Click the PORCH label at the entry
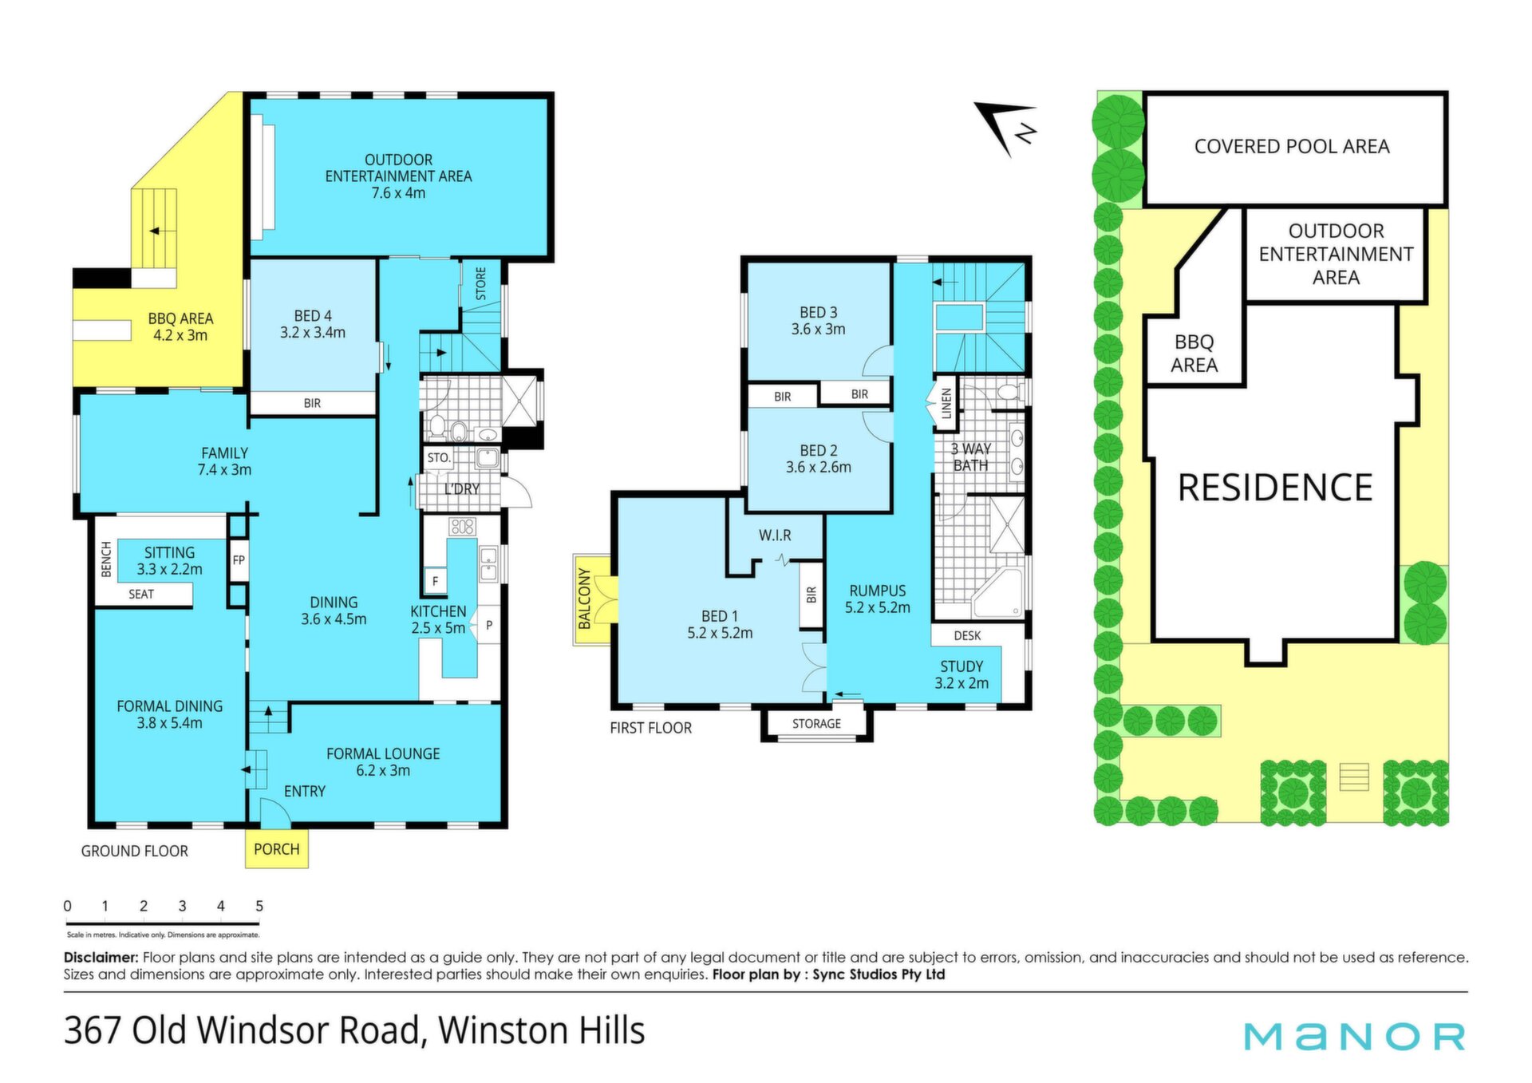click(276, 849)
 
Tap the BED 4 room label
click(313, 316)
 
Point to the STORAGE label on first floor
click(816, 724)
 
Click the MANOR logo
click(1354, 1037)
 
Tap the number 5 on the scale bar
click(259, 906)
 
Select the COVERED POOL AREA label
click(1292, 147)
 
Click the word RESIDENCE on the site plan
click(1275, 488)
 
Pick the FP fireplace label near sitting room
click(239, 560)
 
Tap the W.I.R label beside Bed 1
click(775, 536)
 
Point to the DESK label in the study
click(967, 636)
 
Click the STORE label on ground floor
click(481, 284)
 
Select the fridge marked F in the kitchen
click(435, 581)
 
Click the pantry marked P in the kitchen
click(489, 626)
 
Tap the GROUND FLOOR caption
click(135, 852)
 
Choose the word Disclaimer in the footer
click(101, 958)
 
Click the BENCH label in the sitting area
click(106, 559)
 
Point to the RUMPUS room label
click(878, 591)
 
